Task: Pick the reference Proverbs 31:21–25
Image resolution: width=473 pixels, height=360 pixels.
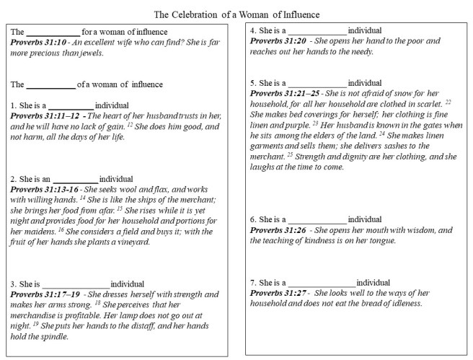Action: (x=283, y=94)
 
